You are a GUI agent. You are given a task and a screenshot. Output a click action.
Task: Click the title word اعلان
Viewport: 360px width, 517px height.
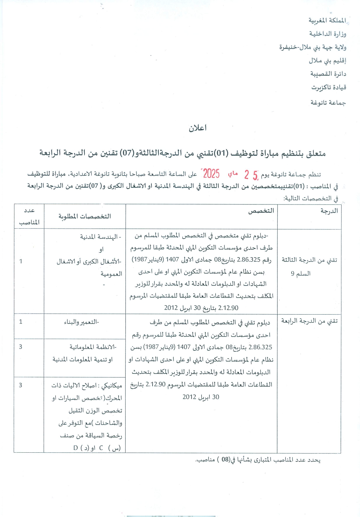pos(197,128)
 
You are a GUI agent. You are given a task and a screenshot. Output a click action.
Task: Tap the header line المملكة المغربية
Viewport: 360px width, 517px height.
pos(327,20)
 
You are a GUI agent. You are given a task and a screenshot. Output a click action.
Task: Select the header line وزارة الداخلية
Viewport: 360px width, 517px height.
pos(328,34)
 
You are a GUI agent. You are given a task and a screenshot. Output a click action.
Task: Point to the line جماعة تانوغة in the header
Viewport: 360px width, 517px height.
pos(328,103)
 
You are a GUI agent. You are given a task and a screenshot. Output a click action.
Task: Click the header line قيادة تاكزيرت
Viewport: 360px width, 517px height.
pos(329,87)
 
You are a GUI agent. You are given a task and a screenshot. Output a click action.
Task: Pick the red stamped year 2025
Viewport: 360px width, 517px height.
pos(211,174)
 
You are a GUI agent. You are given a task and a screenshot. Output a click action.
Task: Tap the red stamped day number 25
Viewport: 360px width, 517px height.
pos(251,175)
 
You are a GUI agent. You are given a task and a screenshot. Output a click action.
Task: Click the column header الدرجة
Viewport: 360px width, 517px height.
pos(329,211)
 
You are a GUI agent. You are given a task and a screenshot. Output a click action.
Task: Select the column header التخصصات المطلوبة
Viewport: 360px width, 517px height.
pos(85,216)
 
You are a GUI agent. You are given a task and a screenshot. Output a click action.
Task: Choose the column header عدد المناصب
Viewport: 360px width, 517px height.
pos(29,216)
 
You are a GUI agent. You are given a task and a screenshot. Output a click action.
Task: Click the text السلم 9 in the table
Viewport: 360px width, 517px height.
pos(301,274)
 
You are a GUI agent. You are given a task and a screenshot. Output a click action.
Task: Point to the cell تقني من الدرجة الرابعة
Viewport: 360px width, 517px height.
pos(309,321)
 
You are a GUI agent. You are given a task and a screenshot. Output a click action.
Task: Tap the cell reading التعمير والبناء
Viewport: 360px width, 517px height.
pos(82,322)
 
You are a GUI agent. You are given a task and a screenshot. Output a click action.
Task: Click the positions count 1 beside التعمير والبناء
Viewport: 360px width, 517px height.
pos(21,322)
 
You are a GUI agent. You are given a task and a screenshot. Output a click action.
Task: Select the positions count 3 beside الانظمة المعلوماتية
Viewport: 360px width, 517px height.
pos(20,347)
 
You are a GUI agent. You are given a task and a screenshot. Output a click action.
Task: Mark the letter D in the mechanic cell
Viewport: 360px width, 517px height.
pos(75,448)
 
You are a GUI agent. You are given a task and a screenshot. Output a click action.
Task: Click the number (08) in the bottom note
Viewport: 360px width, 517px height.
pos(225,460)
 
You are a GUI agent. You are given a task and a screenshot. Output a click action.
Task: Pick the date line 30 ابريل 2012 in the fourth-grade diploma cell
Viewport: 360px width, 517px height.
pos(201,397)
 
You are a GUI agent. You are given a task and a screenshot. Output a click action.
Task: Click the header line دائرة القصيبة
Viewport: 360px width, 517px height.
pos(328,74)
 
